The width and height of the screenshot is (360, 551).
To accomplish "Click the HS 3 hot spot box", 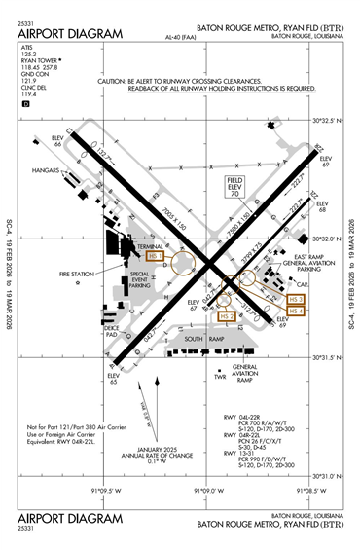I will [297, 299].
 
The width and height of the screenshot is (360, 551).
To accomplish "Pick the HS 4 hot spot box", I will [297, 311].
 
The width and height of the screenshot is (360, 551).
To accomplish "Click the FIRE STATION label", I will [75, 275].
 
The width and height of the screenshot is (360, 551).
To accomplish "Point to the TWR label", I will [220, 376].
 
